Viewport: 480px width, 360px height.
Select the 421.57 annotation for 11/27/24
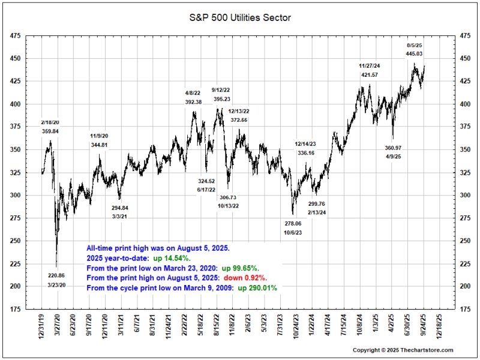click(370, 74)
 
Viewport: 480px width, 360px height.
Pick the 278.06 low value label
click(293, 223)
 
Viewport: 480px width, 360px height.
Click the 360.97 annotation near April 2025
click(394, 148)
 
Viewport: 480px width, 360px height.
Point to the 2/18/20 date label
click(50, 122)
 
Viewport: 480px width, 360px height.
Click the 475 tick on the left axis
click(16, 37)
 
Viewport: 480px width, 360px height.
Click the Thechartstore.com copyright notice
click(403, 350)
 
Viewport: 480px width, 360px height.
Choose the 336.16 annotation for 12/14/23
click(305, 153)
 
